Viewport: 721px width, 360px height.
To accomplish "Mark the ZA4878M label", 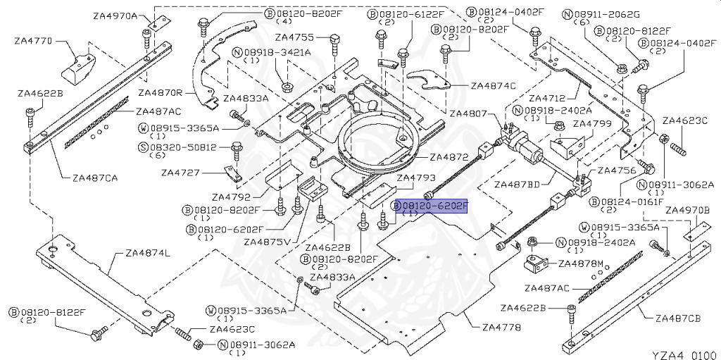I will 581,263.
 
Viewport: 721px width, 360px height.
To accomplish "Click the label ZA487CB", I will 678,318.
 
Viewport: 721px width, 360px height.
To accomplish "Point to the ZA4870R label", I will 161,92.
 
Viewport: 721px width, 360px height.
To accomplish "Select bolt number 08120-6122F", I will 410,14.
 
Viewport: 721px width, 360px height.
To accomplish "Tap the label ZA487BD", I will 516,185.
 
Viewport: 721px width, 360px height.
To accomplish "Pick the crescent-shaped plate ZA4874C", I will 431,82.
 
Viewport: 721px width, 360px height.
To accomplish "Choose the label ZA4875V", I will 268,242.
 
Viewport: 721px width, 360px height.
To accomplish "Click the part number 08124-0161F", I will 633,201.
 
